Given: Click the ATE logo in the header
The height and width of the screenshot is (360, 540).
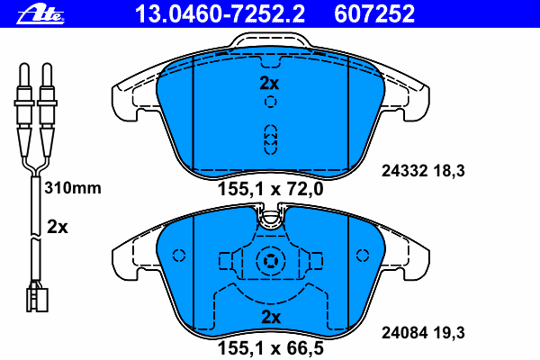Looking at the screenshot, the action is pyautogui.click(x=40, y=14).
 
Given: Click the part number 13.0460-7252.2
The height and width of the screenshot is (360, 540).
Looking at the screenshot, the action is pyautogui.click(x=220, y=14).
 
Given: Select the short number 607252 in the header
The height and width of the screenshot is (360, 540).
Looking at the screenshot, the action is pyautogui.click(x=374, y=14).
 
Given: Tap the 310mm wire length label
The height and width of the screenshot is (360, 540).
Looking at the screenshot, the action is pyautogui.click(x=73, y=188).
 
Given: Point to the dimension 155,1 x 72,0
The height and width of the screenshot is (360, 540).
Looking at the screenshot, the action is pyautogui.click(x=271, y=189).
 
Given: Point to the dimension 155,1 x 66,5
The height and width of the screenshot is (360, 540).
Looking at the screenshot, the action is pyautogui.click(x=271, y=348).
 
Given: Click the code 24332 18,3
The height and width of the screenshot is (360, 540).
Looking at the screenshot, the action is pyautogui.click(x=423, y=171).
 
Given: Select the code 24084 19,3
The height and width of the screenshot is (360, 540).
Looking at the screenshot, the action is pyautogui.click(x=423, y=333).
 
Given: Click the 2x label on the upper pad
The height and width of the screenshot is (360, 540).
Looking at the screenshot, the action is pyautogui.click(x=269, y=83).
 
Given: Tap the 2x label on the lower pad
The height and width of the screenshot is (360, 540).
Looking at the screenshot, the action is pyautogui.click(x=271, y=318).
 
